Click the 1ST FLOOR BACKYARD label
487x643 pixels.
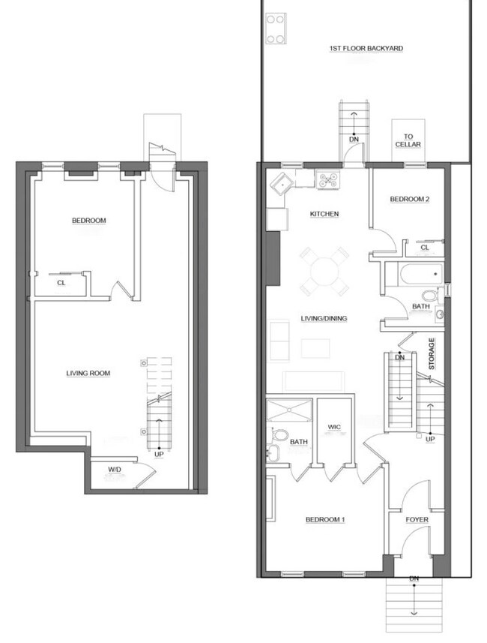coord(366,48)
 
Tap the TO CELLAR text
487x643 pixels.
coord(408,140)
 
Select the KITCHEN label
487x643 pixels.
coord(324,214)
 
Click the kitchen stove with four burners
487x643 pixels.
coord(328,180)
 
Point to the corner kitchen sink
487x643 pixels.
coord(282,183)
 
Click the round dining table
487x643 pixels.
coord(324,272)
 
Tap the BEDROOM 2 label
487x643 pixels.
coord(410,200)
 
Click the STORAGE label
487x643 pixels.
coord(432,353)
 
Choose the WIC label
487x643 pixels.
coord(334,428)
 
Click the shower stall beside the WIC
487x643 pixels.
coord(289,410)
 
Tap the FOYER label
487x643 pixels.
coord(417,520)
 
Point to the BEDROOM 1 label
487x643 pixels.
coord(325,520)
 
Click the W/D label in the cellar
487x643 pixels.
coord(115,470)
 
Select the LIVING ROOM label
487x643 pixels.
coord(88,373)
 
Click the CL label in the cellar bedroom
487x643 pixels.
coord(61,283)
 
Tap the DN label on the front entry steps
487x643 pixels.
coord(414,578)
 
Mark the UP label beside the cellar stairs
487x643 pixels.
coord(159,455)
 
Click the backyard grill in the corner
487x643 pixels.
coord(276,29)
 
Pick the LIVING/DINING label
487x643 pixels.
coord(324,319)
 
